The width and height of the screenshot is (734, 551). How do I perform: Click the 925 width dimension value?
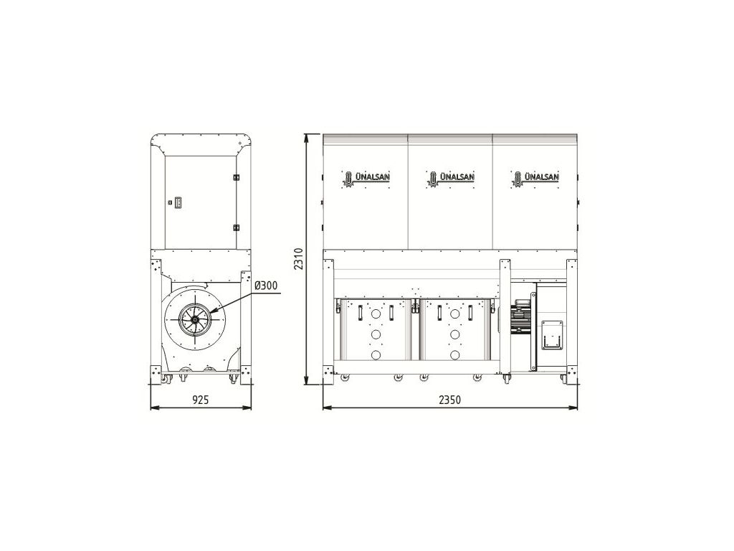pyautogui.click(x=201, y=400)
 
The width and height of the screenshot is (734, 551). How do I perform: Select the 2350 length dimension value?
pyautogui.click(x=449, y=400)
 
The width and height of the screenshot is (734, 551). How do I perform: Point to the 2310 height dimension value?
pyautogui.click(x=299, y=258)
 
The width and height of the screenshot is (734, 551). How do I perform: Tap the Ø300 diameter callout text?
pyautogui.click(x=266, y=286)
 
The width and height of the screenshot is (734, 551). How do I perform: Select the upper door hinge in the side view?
pyautogui.click(x=235, y=178)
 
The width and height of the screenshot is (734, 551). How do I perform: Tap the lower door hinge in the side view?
pyautogui.click(x=235, y=228)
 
